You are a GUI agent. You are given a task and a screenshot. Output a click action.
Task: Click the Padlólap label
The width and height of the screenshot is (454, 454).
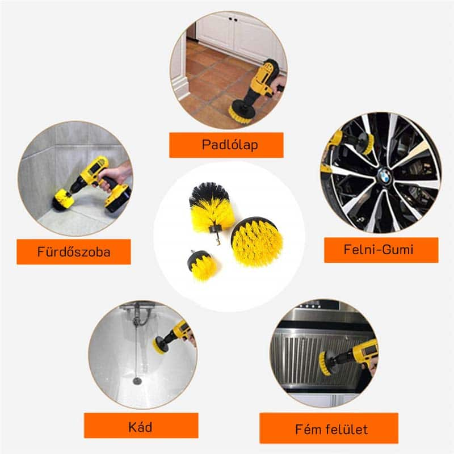[230, 145]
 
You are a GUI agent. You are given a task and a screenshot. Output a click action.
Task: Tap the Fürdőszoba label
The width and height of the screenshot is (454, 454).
[74, 251]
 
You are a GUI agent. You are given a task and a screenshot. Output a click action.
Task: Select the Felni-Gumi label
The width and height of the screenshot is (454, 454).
[379, 250]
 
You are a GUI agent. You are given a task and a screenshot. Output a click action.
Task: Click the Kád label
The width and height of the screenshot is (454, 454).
[140, 427]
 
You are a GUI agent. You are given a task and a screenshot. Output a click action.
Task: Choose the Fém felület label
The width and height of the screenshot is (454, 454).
[331, 430]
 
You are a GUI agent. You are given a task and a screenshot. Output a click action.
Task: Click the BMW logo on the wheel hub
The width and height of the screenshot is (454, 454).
[385, 175]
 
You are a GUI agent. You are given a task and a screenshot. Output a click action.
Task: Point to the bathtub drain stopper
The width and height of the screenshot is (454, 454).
[137, 380]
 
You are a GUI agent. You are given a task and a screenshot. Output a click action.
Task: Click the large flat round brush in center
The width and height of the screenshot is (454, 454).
[257, 241]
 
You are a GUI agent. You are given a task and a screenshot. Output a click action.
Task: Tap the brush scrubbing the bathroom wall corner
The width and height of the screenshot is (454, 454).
[63, 200]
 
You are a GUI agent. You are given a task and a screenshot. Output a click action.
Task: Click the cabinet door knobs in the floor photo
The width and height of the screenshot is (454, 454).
[233, 19]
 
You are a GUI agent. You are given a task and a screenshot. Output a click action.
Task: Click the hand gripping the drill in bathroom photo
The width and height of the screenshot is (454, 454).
[115, 175]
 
